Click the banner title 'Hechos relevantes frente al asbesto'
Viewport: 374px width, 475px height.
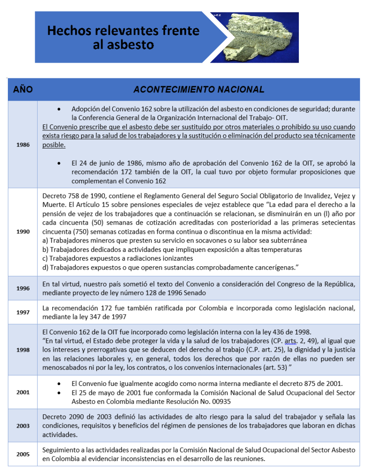pyautogui.click(x=123, y=38)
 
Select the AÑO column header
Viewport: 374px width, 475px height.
pyautogui.click(x=22, y=89)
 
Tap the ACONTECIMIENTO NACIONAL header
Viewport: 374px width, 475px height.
pyautogui.click(x=199, y=89)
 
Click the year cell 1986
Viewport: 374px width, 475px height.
pyautogui.click(x=23, y=145)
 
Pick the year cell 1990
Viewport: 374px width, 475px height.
pyautogui.click(x=23, y=232)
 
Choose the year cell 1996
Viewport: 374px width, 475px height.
pyautogui.click(x=23, y=289)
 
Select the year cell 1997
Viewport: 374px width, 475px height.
pyautogui.click(x=23, y=313)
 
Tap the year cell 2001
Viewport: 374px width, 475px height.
pyautogui.click(x=23, y=392)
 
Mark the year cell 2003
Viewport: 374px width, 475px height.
pyautogui.click(x=23, y=426)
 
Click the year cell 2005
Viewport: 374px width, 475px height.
pyautogui.click(x=23, y=454)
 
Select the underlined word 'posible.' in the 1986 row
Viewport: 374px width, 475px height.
pyautogui.click(x=54, y=145)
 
